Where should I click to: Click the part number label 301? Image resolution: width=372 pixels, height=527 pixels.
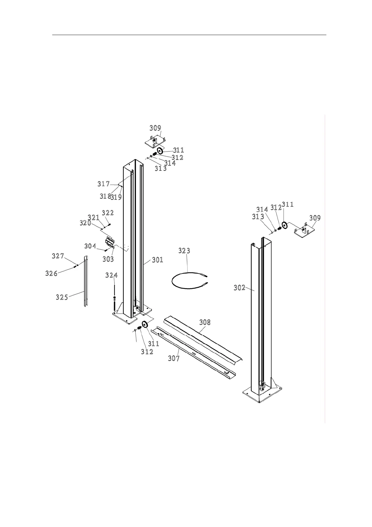click(x=158, y=260)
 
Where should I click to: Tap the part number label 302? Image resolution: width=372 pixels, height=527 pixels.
click(x=239, y=288)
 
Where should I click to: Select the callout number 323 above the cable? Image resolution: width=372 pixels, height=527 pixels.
click(x=184, y=251)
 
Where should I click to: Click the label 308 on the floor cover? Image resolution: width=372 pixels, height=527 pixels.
click(x=205, y=322)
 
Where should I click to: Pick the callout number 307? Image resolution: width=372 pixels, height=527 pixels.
click(x=174, y=358)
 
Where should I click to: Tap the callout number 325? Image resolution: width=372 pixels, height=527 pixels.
click(x=62, y=297)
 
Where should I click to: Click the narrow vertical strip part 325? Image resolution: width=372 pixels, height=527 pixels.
click(x=85, y=282)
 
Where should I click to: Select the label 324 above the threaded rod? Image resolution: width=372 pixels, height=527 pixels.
click(x=111, y=275)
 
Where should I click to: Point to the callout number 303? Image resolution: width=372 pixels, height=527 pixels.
click(x=108, y=259)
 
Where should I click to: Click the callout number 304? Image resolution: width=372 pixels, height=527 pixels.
click(x=90, y=246)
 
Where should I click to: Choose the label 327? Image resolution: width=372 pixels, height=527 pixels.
click(x=58, y=256)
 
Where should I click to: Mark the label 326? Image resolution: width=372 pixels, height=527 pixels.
click(x=51, y=274)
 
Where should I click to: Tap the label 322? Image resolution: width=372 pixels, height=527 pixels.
click(x=108, y=213)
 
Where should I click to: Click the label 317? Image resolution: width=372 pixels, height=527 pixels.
click(x=103, y=184)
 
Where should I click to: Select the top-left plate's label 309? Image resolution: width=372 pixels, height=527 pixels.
click(x=155, y=128)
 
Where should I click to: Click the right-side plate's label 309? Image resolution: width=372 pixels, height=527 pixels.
click(x=315, y=218)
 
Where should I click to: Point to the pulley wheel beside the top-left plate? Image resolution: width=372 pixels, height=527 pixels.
click(x=160, y=151)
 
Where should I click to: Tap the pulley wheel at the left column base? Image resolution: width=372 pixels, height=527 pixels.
click(x=145, y=324)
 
